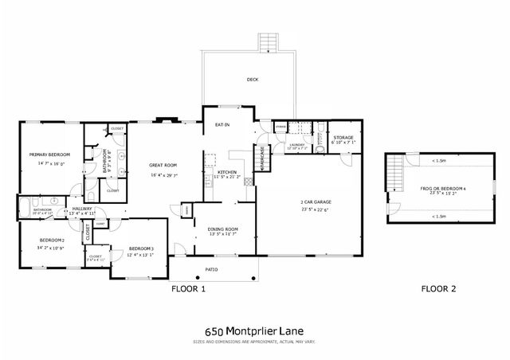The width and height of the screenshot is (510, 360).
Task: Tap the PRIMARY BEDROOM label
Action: point(49,155)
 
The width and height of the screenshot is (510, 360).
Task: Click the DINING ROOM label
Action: point(223,229)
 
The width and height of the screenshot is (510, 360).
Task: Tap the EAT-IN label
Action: point(223,124)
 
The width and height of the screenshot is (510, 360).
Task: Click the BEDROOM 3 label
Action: point(140,248)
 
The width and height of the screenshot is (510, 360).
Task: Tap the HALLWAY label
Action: point(81,209)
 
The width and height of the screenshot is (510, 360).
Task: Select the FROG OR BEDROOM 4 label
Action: point(437,188)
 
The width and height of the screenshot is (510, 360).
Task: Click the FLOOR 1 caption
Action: point(189,289)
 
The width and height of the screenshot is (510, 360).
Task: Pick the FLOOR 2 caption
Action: point(439,289)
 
